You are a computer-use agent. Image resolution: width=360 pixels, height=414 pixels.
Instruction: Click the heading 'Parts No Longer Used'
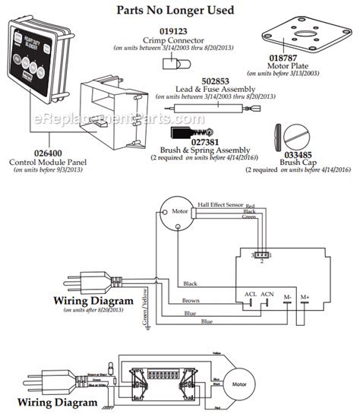coord(179,10)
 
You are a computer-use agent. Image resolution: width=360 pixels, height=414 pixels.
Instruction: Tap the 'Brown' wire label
coord(191,300)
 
